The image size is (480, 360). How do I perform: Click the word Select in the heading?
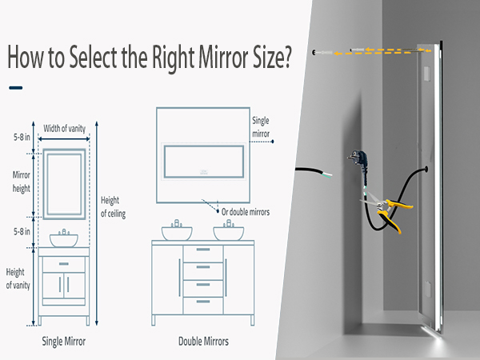coord(93,58)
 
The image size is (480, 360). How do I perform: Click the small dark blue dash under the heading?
coord(16,88)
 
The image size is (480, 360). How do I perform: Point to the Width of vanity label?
coord(64,128)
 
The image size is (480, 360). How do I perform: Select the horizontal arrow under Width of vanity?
coord(64,139)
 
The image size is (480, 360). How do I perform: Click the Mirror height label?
coord(21,182)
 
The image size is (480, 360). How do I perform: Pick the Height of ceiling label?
coord(113,207)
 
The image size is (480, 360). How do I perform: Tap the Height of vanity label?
coord(18,278)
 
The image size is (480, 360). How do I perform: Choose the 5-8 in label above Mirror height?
coord(22,137)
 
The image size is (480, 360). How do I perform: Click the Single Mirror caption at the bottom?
coord(64,342)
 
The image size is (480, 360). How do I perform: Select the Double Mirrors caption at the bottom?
coord(203,342)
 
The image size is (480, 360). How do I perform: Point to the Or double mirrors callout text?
coord(246,212)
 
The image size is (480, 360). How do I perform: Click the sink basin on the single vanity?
coord(64,240)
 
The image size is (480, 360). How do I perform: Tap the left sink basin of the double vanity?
coord(177,234)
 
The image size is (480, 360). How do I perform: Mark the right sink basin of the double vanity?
coord(228,234)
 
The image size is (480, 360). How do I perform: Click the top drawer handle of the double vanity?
coord(203,250)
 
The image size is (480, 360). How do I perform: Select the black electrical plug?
coord(358,161)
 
